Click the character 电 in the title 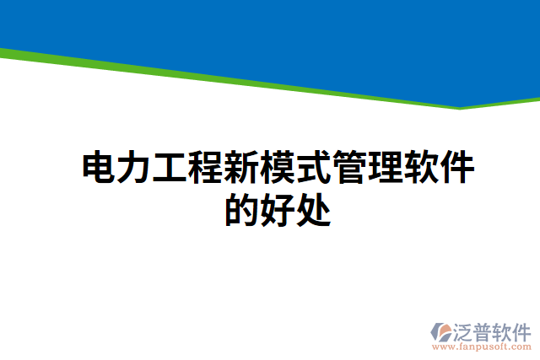(x=99, y=169)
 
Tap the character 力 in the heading (x=133, y=169)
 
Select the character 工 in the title (x=170, y=169)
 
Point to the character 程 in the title (x=205, y=169)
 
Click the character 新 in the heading (x=240, y=169)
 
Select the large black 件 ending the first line (x=456, y=169)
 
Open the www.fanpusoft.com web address (x=481, y=347)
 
